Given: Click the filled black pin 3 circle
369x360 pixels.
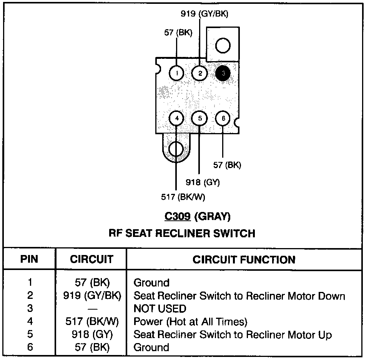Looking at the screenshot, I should click(x=223, y=73).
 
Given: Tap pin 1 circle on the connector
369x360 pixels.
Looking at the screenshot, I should click(x=176, y=73).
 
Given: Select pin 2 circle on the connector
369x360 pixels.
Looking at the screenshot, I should click(x=200, y=73).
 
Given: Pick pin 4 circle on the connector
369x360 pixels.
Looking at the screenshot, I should click(x=176, y=118).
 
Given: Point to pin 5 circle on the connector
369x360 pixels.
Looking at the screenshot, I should click(x=200, y=118).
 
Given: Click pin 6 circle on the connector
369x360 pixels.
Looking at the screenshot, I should click(x=223, y=118).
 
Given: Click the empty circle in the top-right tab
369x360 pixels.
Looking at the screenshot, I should click(x=223, y=46).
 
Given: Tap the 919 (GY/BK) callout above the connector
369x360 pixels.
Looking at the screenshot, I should click(x=204, y=14).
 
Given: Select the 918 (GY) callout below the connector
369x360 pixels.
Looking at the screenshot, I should click(x=203, y=182).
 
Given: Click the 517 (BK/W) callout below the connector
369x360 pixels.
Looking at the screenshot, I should click(x=183, y=197).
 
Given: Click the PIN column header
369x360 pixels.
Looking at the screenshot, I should click(x=30, y=259).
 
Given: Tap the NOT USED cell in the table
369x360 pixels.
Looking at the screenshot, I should click(x=160, y=308).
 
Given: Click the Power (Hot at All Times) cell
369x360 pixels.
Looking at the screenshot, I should click(x=190, y=322).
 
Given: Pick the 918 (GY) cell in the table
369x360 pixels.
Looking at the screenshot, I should click(x=92, y=335).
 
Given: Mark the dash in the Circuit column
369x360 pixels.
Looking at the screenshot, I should click(x=92, y=308).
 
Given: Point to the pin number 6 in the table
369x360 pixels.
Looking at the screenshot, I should click(x=30, y=348).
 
